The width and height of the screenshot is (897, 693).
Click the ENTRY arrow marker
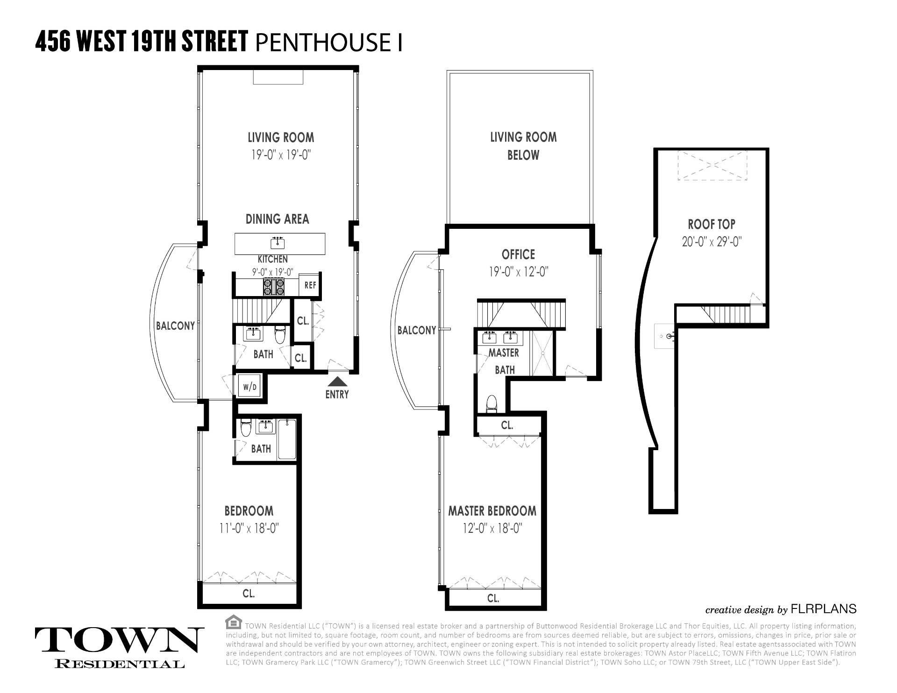click(x=337, y=382)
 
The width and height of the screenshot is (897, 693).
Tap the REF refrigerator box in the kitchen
click(x=310, y=285)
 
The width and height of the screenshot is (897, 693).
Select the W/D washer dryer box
click(x=249, y=387)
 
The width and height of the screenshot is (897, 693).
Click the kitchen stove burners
click(x=274, y=286)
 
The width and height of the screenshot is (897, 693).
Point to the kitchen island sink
click(x=278, y=243)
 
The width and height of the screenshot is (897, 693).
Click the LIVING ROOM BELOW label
click(x=523, y=146)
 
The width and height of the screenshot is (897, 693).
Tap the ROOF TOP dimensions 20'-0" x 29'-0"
click(x=712, y=242)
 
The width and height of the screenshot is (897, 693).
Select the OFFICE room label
click(x=518, y=255)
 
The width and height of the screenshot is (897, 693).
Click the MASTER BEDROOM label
click(x=492, y=511)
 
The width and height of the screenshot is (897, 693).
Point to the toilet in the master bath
click(x=491, y=403)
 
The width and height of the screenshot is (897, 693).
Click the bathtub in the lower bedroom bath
click(x=286, y=440)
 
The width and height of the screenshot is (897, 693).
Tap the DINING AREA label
click(x=277, y=219)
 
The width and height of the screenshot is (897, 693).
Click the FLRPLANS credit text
click(x=823, y=609)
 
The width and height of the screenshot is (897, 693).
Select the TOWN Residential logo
click(x=119, y=647)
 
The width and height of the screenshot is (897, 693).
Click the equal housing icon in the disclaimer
click(x=233, y=623)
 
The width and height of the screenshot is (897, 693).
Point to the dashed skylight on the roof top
click(x=712, y=165)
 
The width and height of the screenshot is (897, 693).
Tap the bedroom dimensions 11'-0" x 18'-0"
click(x=249, y=528)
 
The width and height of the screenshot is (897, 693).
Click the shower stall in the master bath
click(x=542, y=353)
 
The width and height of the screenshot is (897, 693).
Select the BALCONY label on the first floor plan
click(x=175, y=326)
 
